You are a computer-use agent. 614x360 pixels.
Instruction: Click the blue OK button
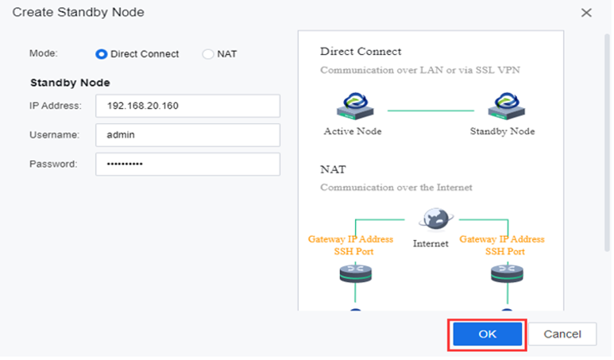[x=487, y=334]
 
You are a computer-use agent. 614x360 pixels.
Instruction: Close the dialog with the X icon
[x=586, y=13]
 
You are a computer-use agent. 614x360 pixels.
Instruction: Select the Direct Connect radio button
[x=101, y=54]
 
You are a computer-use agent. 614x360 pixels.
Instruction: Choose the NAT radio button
[x=207, y=54]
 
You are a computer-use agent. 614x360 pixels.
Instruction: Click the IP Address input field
[x=187, y=106]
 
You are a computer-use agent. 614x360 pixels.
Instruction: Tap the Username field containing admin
[x=187, y=135]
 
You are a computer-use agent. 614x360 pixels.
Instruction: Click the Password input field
[x=187, y=165]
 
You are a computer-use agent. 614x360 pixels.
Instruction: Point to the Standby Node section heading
[x=70, y=83]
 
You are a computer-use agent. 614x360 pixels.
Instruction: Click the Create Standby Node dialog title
[x=79, y=12]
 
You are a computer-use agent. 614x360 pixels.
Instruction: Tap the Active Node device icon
[x=355, y=106]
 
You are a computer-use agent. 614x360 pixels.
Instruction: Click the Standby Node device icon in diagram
[x=506, y=106]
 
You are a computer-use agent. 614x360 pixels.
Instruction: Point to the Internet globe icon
[x=436, y=219]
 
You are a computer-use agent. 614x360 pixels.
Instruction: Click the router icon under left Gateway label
[x=356, y=273]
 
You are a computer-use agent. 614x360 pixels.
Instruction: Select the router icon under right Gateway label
[x=507, y=273]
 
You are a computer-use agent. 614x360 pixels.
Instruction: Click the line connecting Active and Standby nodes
[x=431, y=110]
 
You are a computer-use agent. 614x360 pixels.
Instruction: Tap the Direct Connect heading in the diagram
[x=361, y=52]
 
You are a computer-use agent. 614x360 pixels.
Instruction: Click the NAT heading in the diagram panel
[x=334, y=169]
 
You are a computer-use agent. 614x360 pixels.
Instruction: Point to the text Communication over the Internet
[x=396, y=188]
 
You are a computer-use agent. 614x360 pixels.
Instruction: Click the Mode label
[x=44, y=53]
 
